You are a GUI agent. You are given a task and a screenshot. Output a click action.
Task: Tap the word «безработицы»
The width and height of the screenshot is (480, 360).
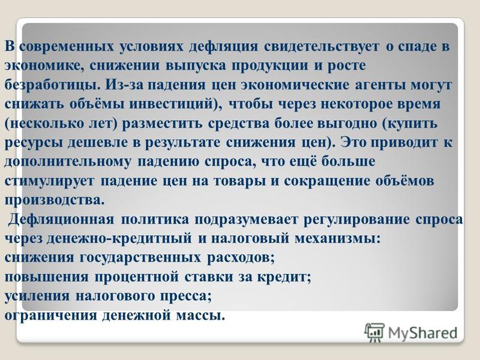click(52, 85)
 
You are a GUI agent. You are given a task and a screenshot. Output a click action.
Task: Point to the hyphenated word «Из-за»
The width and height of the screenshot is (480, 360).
click(125, 85)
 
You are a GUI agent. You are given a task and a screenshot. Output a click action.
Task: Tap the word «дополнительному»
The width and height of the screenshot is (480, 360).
click(67, 162)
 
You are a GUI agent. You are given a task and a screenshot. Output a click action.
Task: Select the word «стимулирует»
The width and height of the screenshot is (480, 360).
click(50, 181)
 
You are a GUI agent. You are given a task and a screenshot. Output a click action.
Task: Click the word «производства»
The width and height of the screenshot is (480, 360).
click(52, 200)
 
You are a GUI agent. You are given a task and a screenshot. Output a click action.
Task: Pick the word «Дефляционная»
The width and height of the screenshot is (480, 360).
click(61, 220)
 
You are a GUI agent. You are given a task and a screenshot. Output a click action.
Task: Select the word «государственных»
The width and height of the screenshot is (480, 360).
click(140, 258)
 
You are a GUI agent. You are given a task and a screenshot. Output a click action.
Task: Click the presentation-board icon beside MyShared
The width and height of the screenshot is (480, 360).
click(374, 333)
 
